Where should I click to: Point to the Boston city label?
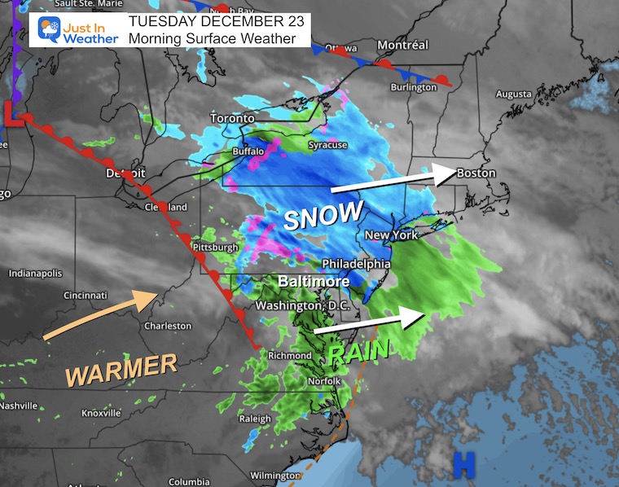(x=476, y=173)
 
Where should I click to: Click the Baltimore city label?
(x=313, y=281)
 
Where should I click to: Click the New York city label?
(x=391, y=235)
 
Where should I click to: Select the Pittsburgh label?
(x=215, y=247)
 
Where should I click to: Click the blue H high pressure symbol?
(x=463, y=465)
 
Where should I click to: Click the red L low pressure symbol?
(x=12, y=113)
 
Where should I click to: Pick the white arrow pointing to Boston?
(x=391, y=181)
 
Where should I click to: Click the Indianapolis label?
(x=35, y=273)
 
